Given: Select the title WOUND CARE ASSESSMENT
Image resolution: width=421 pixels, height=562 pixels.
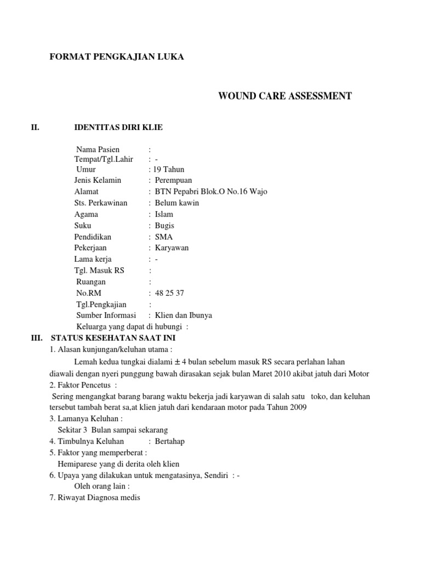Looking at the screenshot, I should click(x=285, y=97).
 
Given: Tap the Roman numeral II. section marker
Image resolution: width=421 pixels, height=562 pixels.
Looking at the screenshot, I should click(x=37, y=128).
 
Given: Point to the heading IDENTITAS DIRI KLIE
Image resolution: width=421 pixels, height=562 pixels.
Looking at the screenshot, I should click(x=118, y=128).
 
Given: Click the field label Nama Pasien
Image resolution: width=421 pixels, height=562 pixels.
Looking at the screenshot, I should click(x=98, y=149).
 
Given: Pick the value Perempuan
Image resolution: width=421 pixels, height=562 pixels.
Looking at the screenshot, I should click(x=174, y=180).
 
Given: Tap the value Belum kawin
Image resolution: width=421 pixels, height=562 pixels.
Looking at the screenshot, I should click(x=177, y=203).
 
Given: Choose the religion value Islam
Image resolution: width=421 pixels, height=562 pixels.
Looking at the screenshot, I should click(x=164, y=214).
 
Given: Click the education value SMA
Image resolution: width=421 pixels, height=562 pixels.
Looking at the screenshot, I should click(x=163, y=237).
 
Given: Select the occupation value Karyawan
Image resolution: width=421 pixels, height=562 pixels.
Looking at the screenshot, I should click(x=172, y=248).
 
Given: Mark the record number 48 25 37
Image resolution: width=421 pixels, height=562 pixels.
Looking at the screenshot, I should click(x=169, y=293).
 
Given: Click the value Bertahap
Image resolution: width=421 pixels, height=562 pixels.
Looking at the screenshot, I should click(x=172, y=441).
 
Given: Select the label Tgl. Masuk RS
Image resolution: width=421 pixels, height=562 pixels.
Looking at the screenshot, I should click(x=99, y=271).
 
